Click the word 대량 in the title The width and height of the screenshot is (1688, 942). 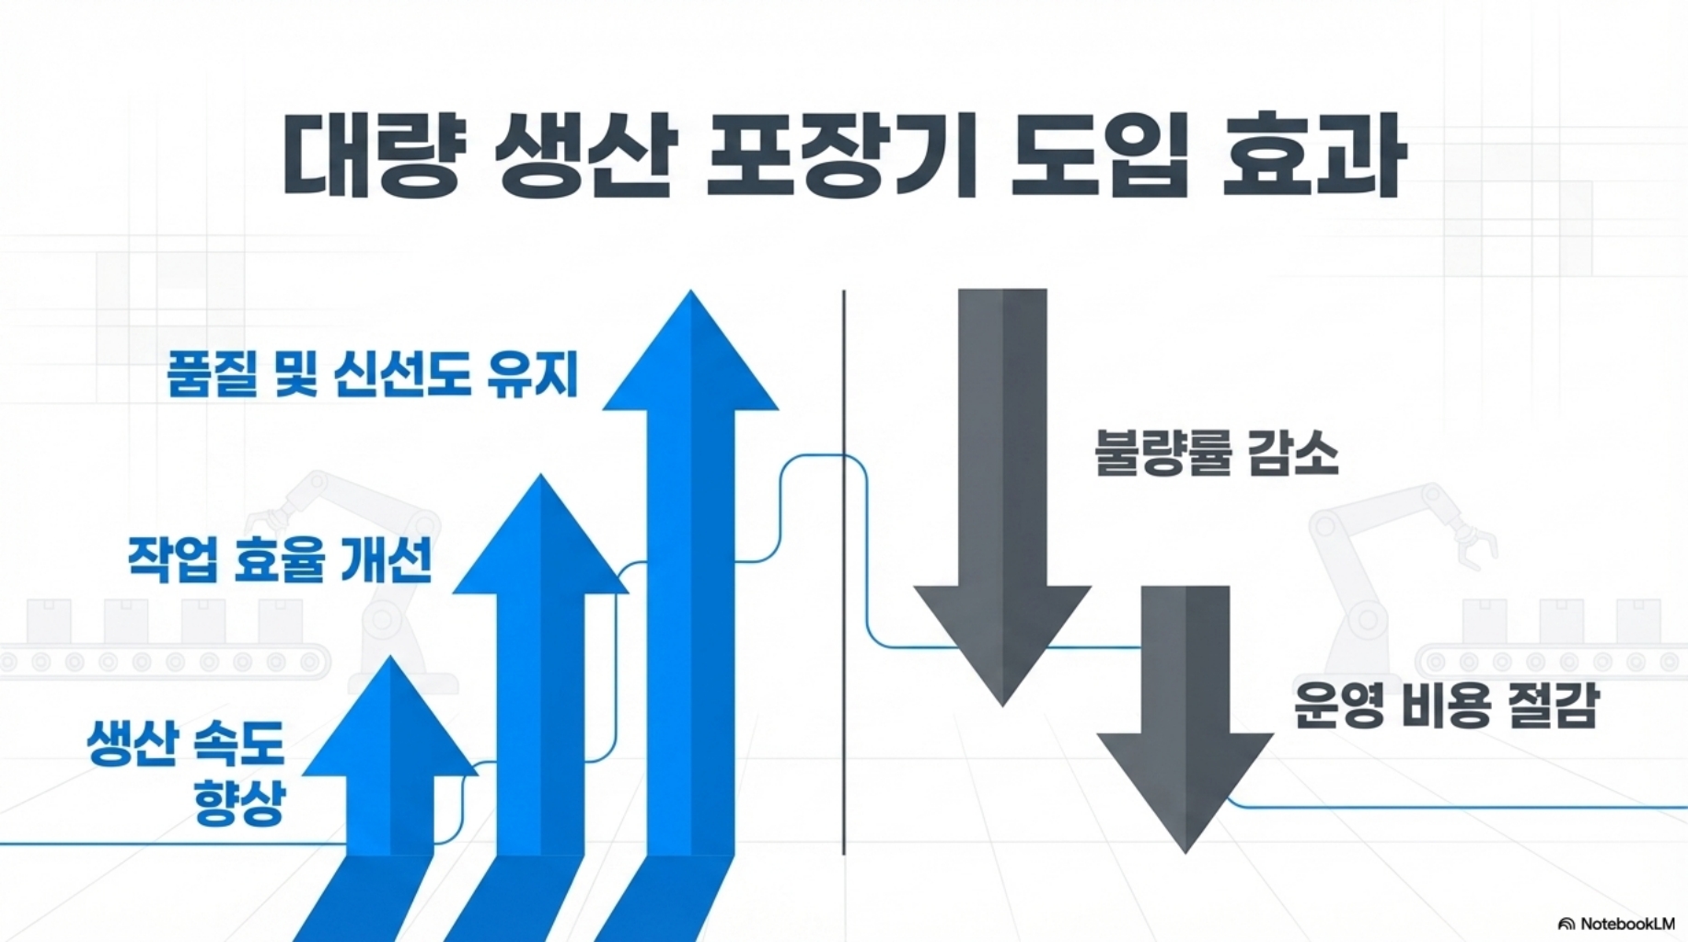371,155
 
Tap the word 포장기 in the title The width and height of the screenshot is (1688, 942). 841,155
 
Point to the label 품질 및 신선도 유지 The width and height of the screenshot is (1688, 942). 372,374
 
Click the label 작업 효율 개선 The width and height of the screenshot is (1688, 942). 279,559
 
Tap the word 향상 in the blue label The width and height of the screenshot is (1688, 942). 238,800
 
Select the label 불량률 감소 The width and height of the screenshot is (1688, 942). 1216,454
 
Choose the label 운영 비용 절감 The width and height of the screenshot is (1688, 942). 1446,706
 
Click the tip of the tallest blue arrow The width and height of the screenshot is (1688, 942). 690,296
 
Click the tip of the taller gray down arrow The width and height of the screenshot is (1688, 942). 1002,701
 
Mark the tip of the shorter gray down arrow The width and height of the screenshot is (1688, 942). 1185,847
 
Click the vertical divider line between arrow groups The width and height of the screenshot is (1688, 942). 843,570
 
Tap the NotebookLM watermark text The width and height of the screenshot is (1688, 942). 1626,924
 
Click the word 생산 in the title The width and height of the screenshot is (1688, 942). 585,155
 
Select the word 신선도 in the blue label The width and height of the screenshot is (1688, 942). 402,374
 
